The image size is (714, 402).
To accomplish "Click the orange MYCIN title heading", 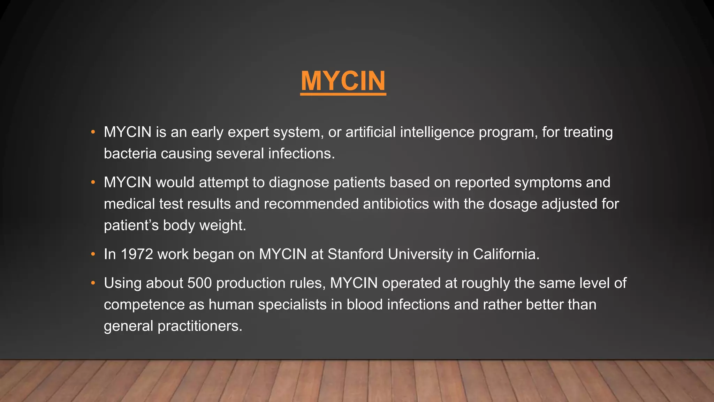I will [343, 81].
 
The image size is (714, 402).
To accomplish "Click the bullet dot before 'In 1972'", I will [93, 254].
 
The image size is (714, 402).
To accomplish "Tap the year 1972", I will [137, 254].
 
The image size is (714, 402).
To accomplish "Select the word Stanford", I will [355, 254].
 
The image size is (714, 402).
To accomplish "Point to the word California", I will [506, 254].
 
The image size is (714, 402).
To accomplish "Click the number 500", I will [199, 283].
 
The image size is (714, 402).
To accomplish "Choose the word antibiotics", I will [396, 204].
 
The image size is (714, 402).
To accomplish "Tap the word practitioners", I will [200, 326].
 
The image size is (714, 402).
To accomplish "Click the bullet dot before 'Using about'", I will [93, 283].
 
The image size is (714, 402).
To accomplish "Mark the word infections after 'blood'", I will [418, 305].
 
